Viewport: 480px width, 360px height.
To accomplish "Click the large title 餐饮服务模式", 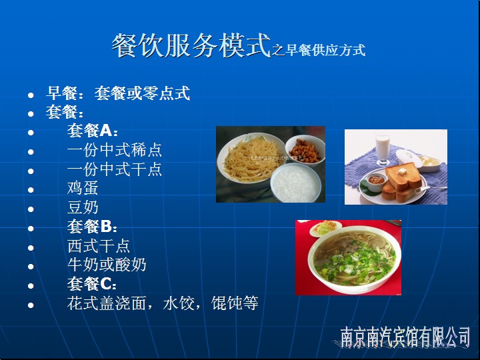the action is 191,45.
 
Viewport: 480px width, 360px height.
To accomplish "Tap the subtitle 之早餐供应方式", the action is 319,50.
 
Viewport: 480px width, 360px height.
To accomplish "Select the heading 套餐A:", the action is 92,131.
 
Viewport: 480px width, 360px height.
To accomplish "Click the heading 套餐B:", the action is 92,227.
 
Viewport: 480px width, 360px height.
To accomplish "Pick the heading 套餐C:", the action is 92,284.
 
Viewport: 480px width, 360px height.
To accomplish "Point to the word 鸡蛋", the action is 83,188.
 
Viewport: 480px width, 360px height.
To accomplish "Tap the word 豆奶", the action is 83,207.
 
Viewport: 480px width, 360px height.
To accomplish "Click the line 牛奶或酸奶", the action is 107,265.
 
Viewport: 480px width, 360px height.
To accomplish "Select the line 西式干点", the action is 99,246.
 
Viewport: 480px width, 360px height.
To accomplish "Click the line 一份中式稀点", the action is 115,150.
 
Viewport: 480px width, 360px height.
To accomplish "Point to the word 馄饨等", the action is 235,303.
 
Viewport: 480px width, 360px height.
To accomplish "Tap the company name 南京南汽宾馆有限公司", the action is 405,337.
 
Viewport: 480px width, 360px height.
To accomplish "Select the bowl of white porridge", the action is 296,183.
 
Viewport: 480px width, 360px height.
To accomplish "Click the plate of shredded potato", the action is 251,159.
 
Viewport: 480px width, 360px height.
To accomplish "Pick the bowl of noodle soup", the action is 354,259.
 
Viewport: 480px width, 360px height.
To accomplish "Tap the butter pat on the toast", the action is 402,172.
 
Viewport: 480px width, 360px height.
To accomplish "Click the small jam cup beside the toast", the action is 375,182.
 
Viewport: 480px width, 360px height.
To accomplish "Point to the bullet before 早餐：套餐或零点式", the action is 31,95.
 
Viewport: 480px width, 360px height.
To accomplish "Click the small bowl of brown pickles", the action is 305,150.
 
